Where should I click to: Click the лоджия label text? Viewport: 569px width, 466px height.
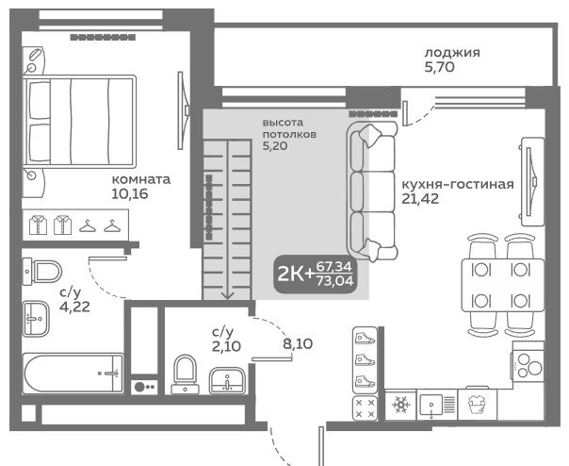452,53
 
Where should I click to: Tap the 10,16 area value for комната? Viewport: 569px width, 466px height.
130,193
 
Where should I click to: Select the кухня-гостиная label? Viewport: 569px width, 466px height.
458,184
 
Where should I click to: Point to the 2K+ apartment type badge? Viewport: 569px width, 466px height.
315,275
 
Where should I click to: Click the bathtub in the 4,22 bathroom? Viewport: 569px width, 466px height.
73,374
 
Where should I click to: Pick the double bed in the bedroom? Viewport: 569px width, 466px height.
79,121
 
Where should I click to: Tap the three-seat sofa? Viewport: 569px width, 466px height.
372,191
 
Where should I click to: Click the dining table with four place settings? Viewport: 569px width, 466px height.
503,285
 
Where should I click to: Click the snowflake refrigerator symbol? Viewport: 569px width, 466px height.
400,404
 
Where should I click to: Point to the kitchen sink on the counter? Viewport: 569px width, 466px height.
437,405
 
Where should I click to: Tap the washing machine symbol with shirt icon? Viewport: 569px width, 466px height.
477,404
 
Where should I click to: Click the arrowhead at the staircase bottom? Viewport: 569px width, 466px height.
227,296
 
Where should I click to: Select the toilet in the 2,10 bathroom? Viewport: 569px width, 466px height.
185,374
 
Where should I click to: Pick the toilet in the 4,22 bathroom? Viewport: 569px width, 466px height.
42,272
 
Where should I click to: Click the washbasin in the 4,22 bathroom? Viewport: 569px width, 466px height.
36,319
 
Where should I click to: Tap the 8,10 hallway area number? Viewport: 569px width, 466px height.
298,343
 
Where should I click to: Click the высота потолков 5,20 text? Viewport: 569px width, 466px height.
289,134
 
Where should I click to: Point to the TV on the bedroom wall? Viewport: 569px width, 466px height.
183,110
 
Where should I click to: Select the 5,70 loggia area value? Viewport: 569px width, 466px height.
439,67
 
